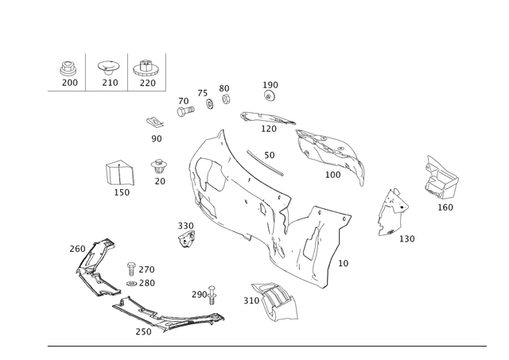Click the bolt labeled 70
(185, 111)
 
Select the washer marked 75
(210, 104)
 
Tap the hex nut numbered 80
(226, 99)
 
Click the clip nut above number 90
(154, 122)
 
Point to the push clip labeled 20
(159, 166)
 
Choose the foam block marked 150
(120, 172)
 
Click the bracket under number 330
(186, 238)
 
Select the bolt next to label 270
(131, 269)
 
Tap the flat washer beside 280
(131, 284)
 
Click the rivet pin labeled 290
(212, 295)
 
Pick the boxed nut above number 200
(68, 68)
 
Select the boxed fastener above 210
(109, 68)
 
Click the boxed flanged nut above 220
(146, 68)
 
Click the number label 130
(406, 239)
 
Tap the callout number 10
(343, 263)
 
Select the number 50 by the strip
(270, 155)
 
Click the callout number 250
(143, 331)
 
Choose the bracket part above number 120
(267, 118)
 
